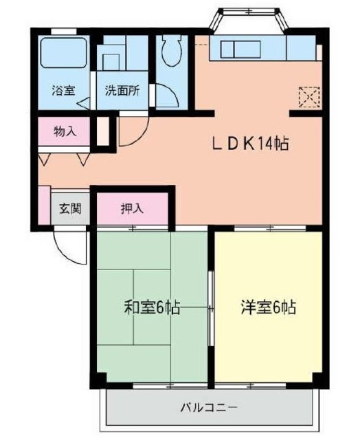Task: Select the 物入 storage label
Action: coord(65,131)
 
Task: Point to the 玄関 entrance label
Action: coord(69,208)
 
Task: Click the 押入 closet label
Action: coord(132,208)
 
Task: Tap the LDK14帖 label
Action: coord(249,144)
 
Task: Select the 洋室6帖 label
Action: coord(268,307)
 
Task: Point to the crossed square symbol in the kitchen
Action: coord(309,96)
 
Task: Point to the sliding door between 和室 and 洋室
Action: coord(211,302)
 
